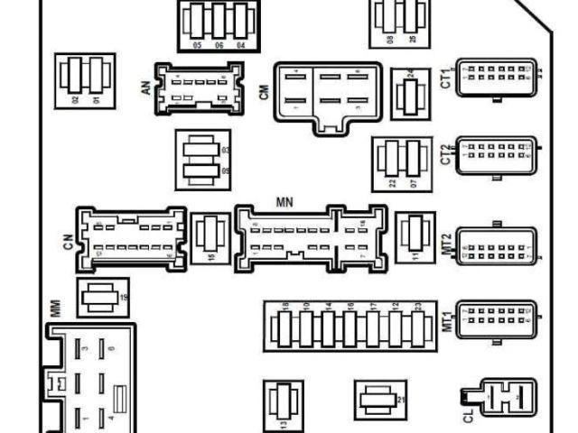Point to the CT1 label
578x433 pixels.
(x=445, y=78)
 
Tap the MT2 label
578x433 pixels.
(x=445, y=241)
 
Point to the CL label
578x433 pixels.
(x=467, y=418)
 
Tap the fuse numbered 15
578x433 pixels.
(x=211, y=236)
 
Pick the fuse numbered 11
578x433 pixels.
(x=416, y=236)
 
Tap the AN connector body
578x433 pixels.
(x=200, y=88)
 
